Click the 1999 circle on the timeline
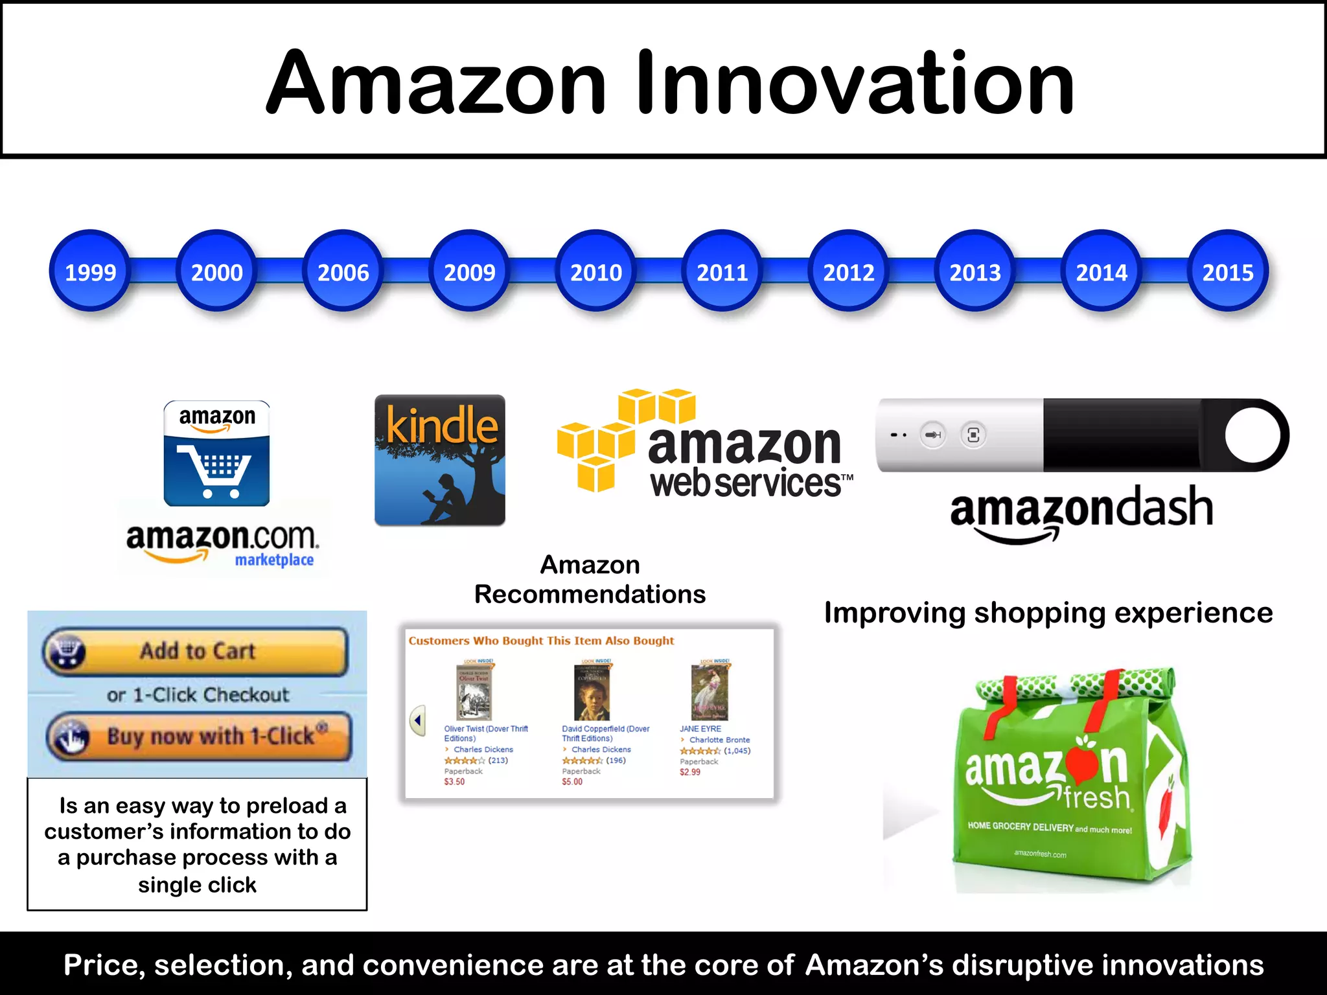point(90,271)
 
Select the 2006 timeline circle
point(343,271)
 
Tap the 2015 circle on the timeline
point(1227,271)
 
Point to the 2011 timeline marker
point(722,271)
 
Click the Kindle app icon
point(440,460)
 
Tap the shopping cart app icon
point(216,453)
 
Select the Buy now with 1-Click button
point(200,737)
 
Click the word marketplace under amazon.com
point(274,560)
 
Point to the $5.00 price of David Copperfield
point(572,783)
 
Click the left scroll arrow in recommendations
point(418,720)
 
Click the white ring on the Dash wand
point(1252,435)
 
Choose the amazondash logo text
point(1081,509)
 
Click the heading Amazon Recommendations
point(590,580)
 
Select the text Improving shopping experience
point(1048,613)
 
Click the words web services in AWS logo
point(745,484)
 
